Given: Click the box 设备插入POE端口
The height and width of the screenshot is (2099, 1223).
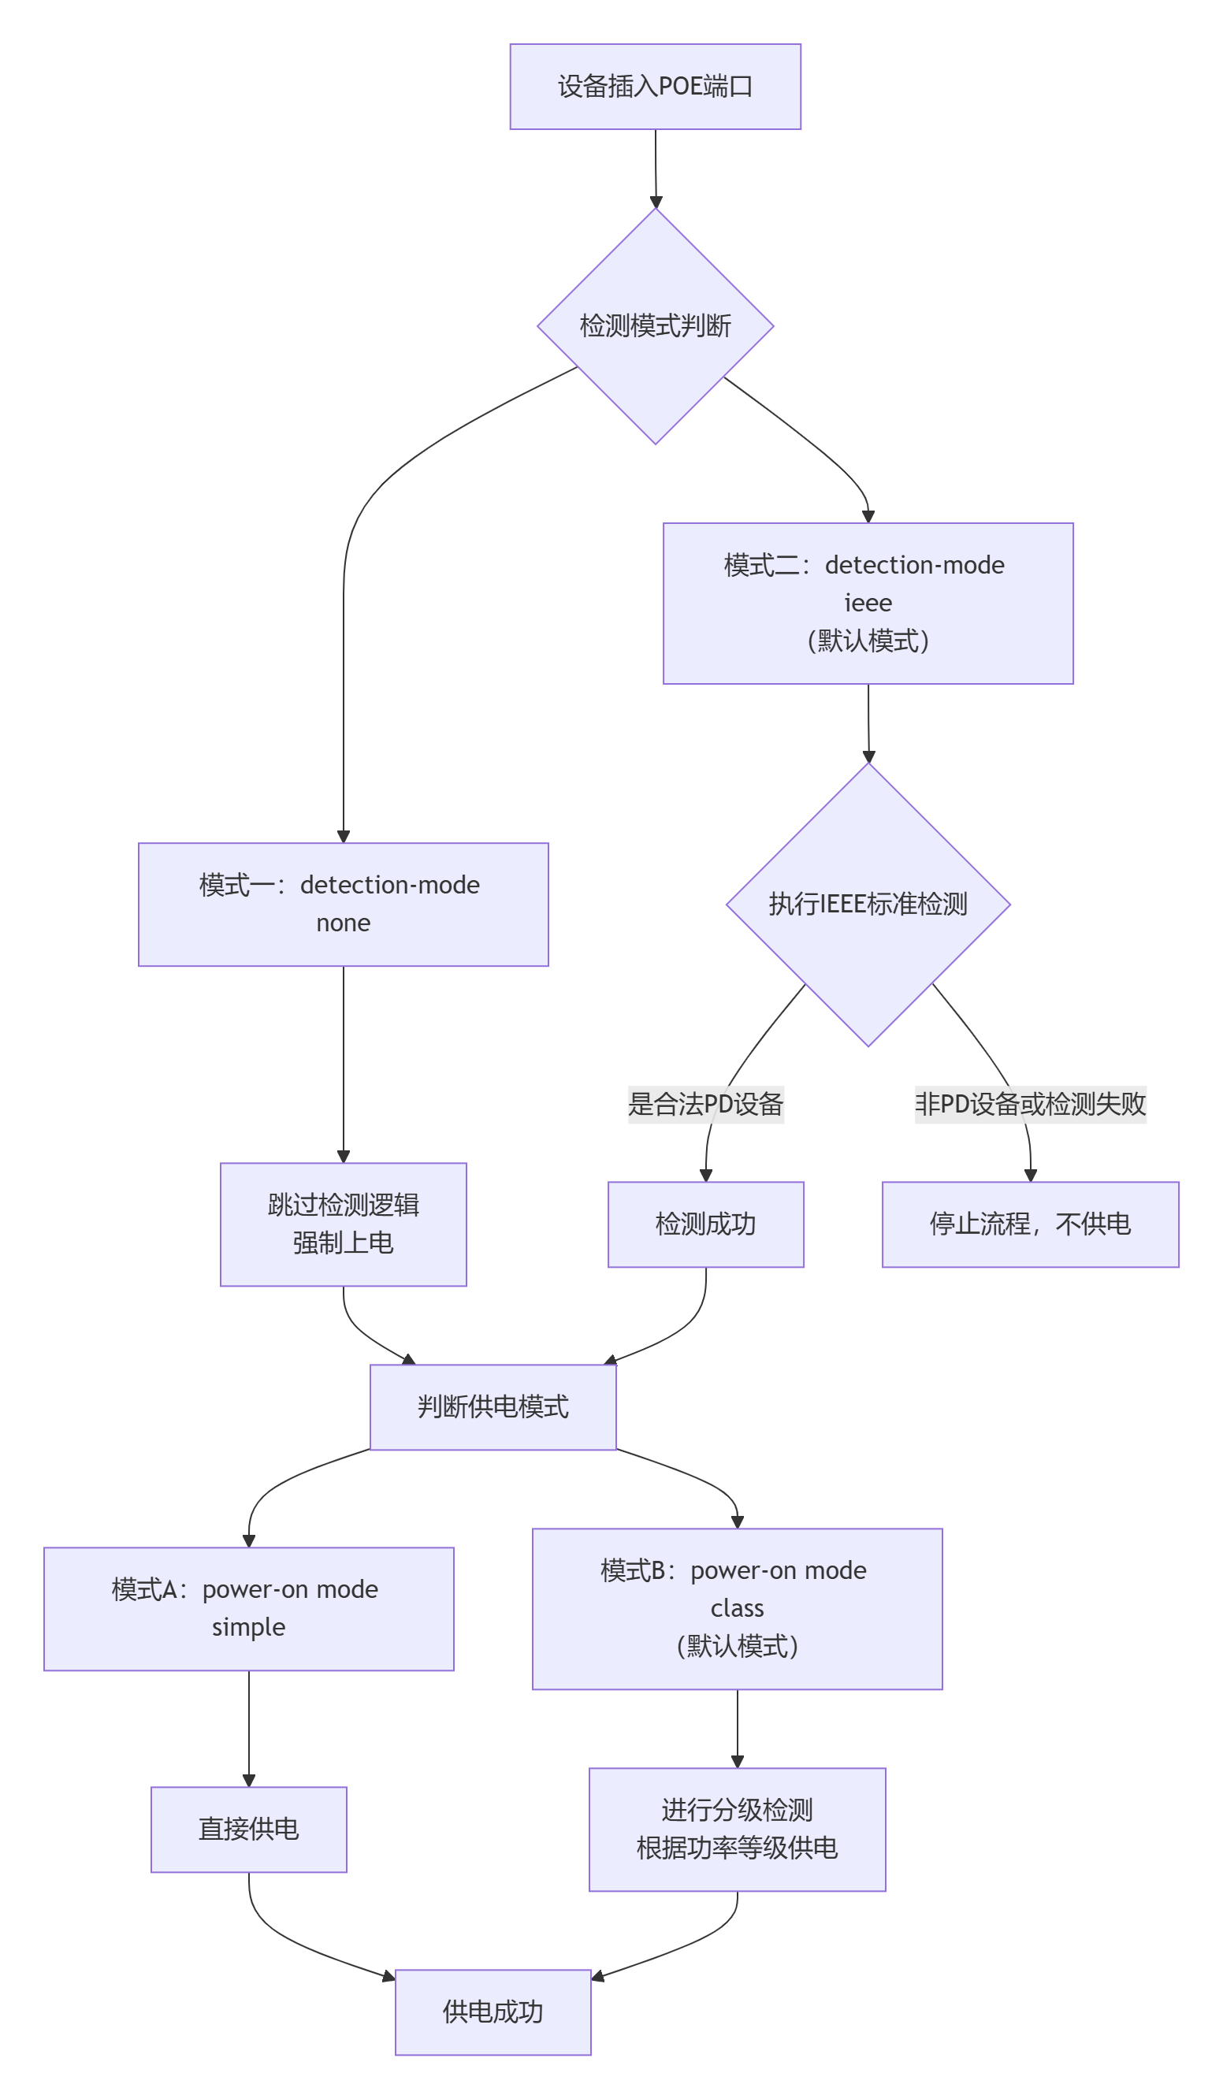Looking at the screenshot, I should (x=655, y=87).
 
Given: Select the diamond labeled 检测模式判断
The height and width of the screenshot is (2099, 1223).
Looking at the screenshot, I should (x=655, y=325).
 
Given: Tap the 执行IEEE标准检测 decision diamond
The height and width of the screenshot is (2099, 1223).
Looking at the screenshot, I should (x=868, y=905).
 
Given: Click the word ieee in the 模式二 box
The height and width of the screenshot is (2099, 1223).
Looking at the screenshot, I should (x=868, y=602).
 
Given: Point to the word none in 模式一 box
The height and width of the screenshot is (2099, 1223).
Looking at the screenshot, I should (x=344, y=923).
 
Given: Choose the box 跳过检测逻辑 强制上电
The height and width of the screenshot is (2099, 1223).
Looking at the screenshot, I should (x=344, y=1224).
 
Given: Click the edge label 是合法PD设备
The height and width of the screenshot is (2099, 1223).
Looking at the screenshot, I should (x=704, y=1105).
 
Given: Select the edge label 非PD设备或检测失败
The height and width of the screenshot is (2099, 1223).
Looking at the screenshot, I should (x=1030, y=1105).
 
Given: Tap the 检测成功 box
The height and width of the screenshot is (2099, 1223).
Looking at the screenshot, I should (x=704, y=1224).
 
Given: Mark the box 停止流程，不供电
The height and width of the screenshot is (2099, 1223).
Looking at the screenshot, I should (x=1030, y=1224).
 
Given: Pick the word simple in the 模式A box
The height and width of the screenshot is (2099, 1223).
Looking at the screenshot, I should (x=248, y=1627).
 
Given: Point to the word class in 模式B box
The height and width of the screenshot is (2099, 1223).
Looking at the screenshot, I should (x=737, y=1607).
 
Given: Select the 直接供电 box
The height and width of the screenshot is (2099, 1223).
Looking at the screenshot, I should (x=248, y=1829).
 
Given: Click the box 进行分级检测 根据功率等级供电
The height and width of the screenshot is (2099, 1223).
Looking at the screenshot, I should (x=737, y=1829).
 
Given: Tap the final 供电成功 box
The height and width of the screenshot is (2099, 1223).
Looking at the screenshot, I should (x=493, y=2012).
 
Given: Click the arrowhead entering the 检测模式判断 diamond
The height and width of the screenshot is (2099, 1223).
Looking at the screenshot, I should (x=656, y=202).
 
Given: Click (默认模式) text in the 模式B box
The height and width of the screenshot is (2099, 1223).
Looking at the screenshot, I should (x=737, y=1646).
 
